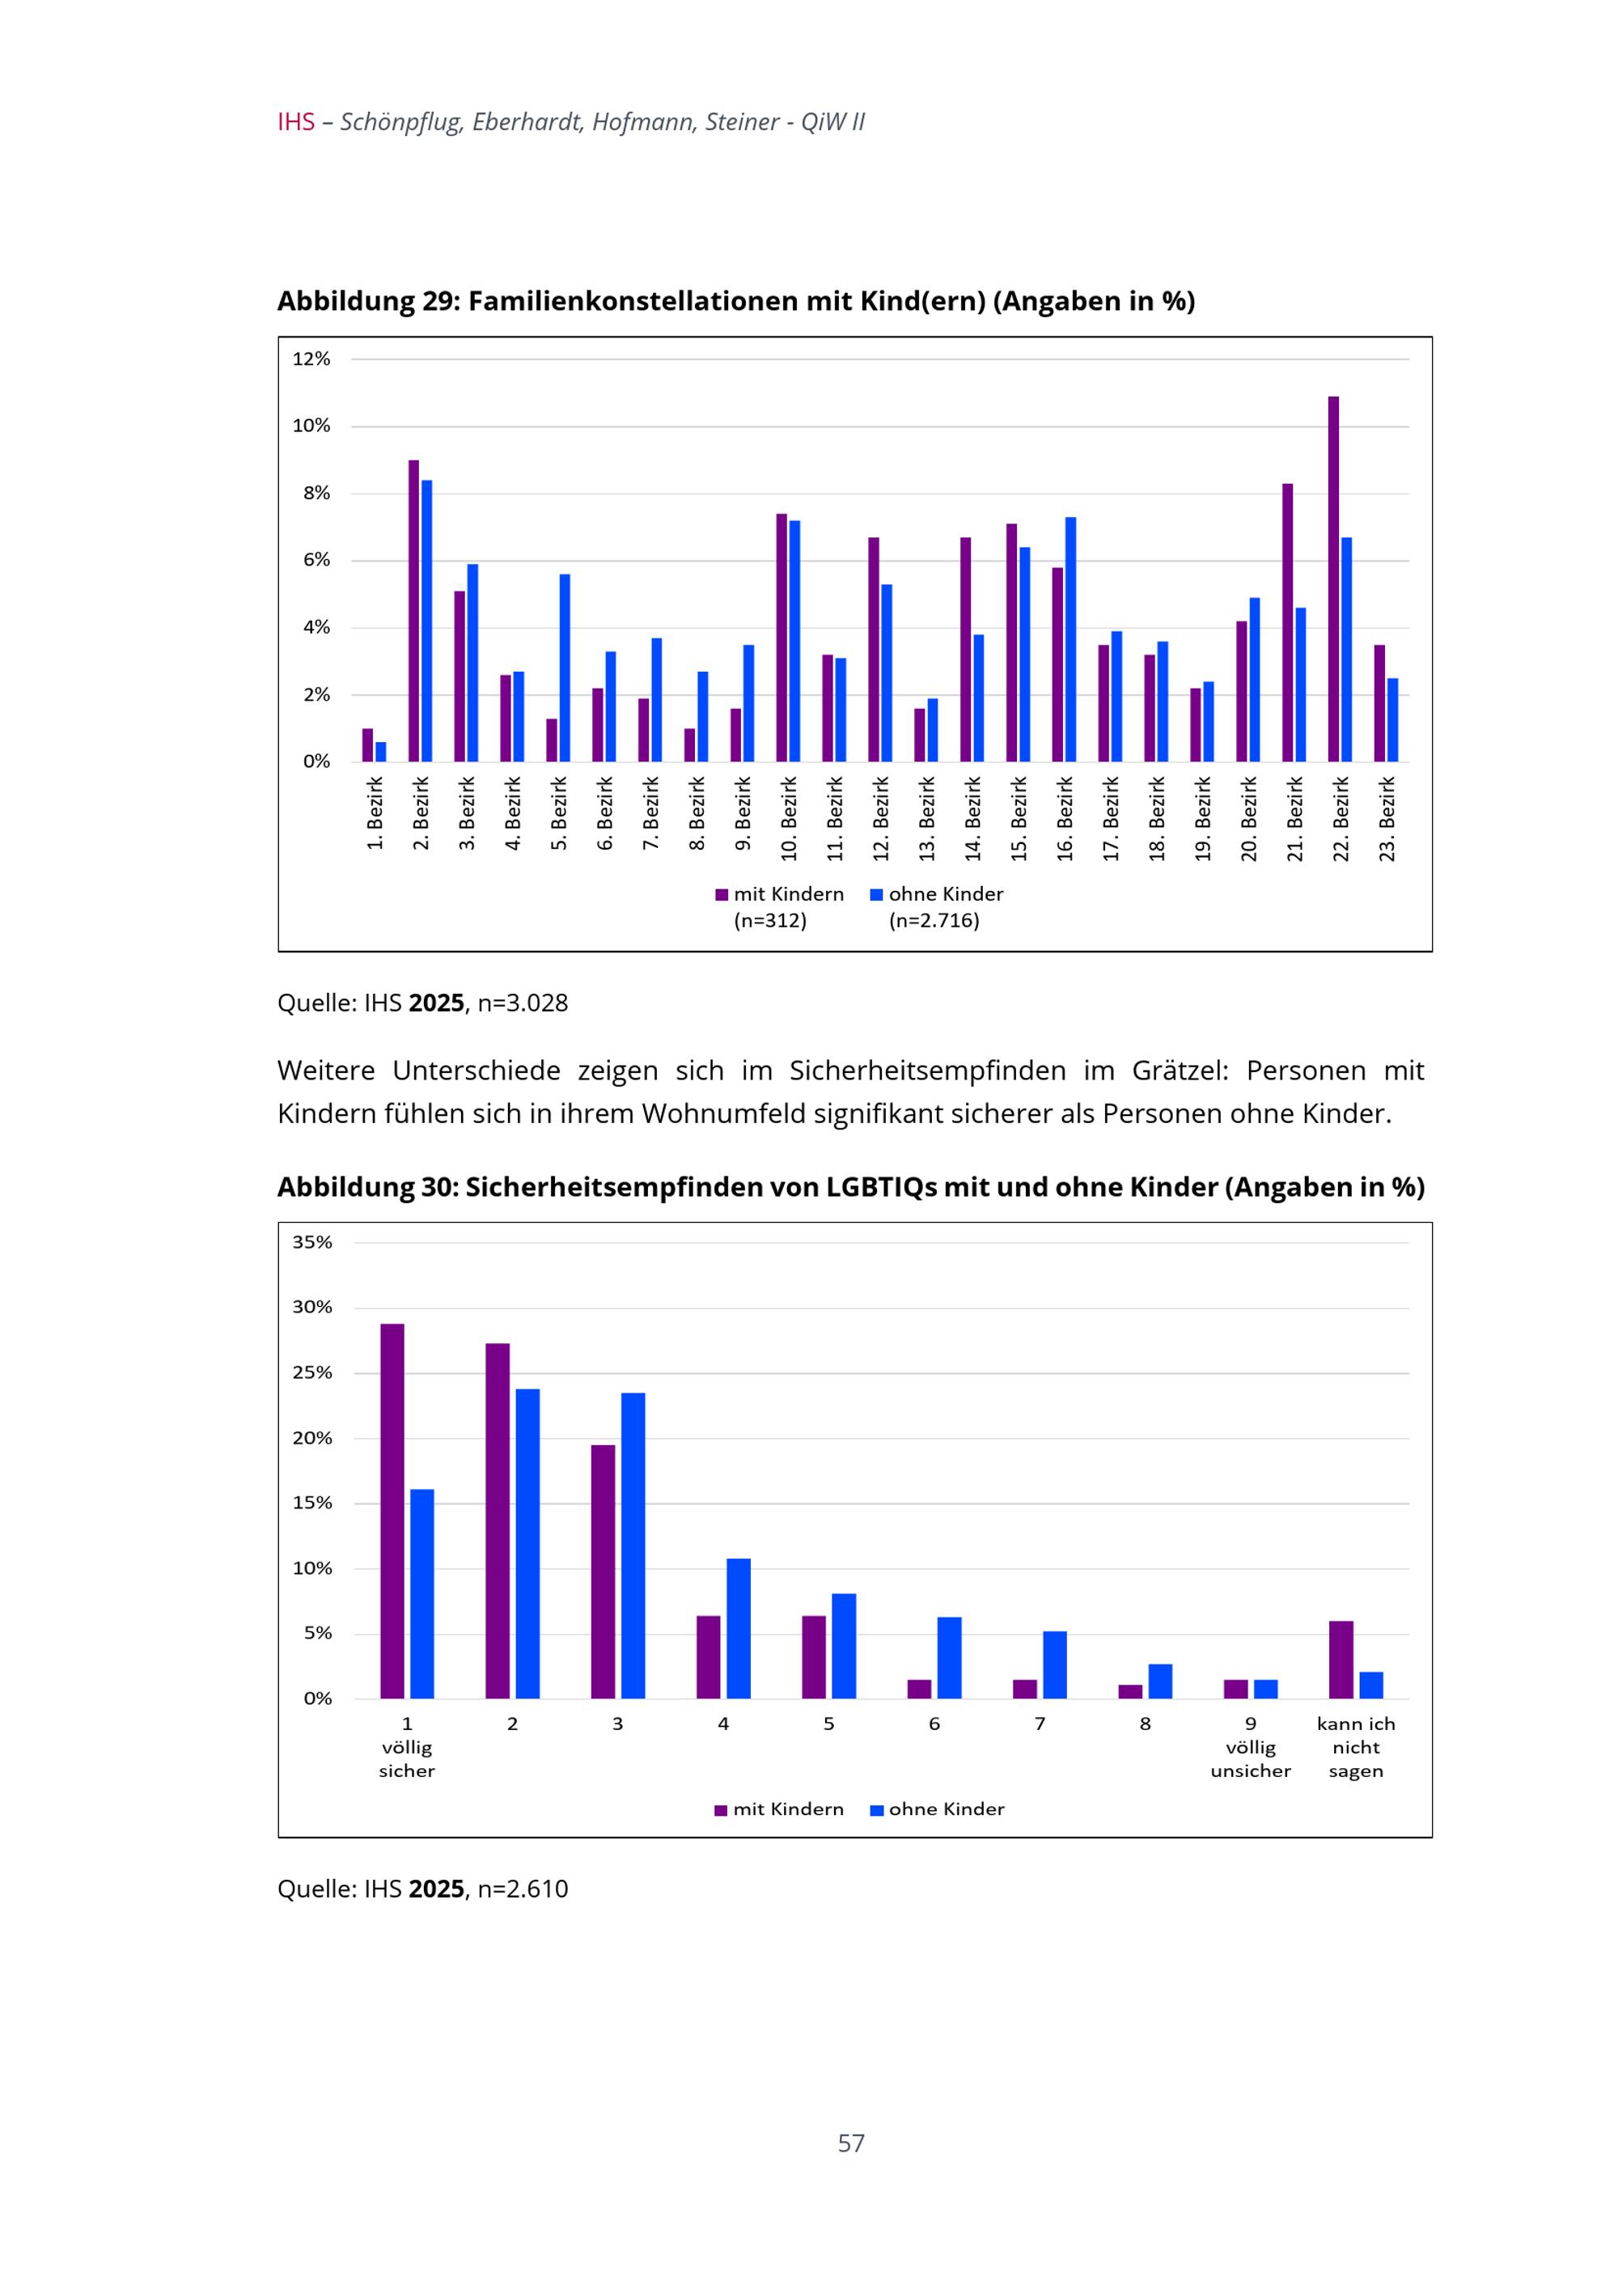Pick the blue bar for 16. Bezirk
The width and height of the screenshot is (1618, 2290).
(1070, 639)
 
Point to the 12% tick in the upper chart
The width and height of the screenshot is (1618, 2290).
(311, 359)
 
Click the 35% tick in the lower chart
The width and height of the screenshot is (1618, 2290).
(312, 1242)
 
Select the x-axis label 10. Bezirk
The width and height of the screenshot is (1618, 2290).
(790, 819)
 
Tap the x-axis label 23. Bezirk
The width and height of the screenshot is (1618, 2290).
(1387, 819)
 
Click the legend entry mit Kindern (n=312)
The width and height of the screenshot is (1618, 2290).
(780, 906)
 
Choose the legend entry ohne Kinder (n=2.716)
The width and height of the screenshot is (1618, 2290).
(937, 906)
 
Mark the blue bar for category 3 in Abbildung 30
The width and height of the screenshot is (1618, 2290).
(633, 1545)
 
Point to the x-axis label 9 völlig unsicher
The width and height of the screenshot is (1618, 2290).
(1250, 1746)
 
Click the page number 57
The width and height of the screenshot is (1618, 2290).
(850, 2143)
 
